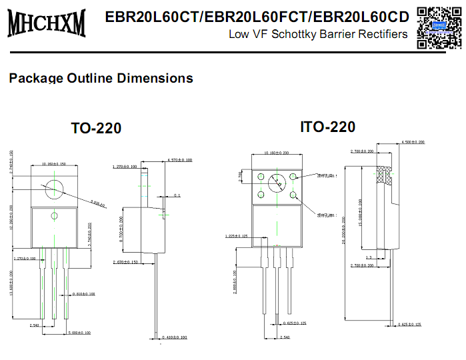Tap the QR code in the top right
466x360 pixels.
click(439, 27)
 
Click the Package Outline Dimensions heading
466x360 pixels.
click(101, 78)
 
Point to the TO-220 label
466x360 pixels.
click(96, 128)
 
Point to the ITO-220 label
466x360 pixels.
click(327, 127)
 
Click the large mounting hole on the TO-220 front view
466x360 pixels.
click(54, 190)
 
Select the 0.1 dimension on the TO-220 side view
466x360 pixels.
click(177, 195)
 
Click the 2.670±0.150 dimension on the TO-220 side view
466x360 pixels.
click(125, 263)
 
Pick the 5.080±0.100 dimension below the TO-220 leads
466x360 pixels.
click(81, 332)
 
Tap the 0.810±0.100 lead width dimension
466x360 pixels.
click(85, 293)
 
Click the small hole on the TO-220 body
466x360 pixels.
click(54, 215)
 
